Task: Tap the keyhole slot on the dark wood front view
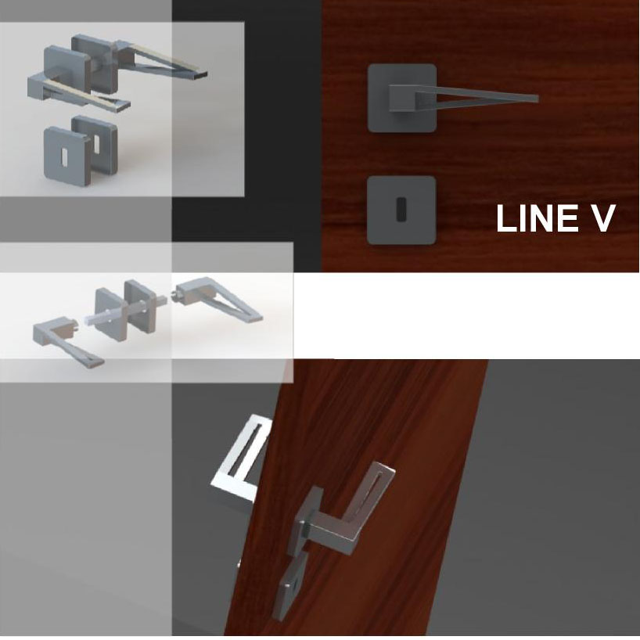tap(401, 210)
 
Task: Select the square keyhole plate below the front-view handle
tap(401, 210)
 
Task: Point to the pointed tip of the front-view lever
tap(537, 99)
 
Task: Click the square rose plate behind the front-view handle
tap(402, 98)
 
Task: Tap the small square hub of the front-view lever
tap(402, 98)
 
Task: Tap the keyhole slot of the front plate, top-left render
tap(65, 157)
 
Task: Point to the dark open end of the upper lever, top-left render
tap(200, 75)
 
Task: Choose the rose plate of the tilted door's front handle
tap(305, 520)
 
